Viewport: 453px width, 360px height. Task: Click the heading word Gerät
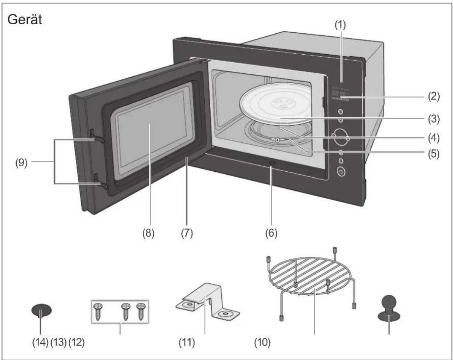[25, 20]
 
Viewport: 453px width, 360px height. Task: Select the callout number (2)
[434, 96]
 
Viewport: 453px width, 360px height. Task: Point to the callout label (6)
[271, 233]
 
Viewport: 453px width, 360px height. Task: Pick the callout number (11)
[187, 343]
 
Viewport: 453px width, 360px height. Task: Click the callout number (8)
[148, 233]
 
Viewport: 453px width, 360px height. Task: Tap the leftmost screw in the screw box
[98, 311]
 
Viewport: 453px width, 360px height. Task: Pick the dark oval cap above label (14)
[42, 310]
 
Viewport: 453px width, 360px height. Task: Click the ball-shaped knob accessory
[389, 307]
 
